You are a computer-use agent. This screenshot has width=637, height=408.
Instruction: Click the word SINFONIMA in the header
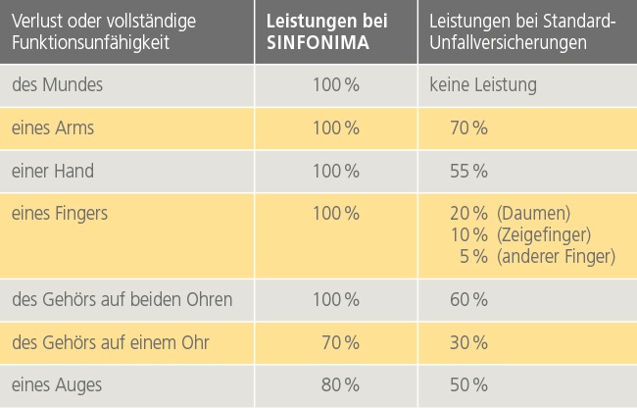[x=313, y=43]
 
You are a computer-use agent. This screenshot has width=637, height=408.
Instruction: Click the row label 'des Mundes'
[x=58, y=85]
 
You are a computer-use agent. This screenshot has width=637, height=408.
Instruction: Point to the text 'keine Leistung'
[x=482, y=85]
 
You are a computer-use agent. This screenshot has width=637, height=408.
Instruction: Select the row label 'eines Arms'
[x=53, y=128]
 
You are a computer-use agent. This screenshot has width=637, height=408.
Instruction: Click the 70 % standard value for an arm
[x=468, y=128]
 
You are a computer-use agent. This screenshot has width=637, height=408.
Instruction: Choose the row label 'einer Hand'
[x=53, y=171]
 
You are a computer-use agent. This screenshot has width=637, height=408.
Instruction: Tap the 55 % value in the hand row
[x=468, y=171]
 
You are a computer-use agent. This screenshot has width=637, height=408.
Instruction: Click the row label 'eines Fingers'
[x=60, y=213]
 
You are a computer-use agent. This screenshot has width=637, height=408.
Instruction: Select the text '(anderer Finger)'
[x=556, y=257]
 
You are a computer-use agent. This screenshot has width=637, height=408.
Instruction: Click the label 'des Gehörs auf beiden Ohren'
[x=122, y=299]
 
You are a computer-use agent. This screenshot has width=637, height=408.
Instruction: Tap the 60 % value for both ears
[x=468, y=299]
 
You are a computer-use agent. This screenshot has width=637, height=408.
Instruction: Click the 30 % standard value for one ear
[x=468, y=342]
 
